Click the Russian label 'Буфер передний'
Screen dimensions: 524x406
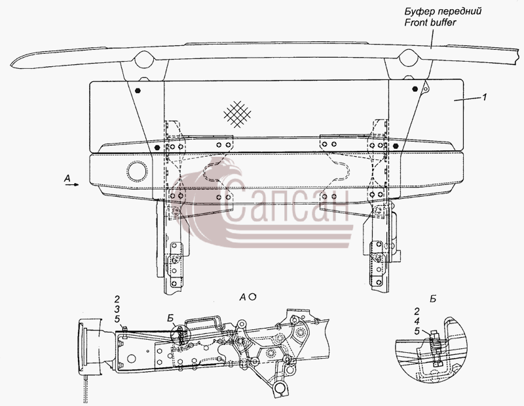pyautogui.click(x=443, y=11)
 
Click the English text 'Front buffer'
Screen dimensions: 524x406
pyautogui.click(x=430, y=22)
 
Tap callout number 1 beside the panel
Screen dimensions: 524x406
pyautogui.click(x=484, y=97)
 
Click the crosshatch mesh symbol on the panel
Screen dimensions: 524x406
pyautogui.click(x=237, y=114)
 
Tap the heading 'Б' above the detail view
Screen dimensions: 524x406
pyautogui.click(x=433, y=299)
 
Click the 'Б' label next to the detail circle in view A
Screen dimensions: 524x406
pyautogui.click(x=171, y=318)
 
